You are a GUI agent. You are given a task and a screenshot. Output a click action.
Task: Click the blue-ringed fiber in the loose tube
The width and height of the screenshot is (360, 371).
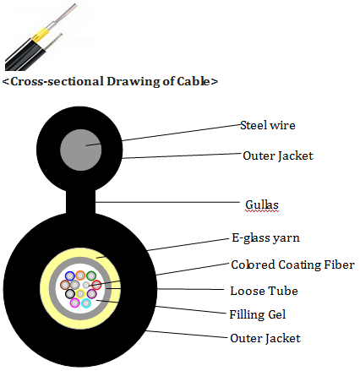click(70, 276)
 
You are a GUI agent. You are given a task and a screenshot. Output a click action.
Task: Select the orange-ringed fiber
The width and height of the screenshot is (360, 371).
click(80, 276)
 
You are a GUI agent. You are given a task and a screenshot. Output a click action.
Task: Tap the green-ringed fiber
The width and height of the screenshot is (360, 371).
click(91, 276)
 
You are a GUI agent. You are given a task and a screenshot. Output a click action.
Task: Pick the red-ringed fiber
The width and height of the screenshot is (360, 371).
click(96, 285)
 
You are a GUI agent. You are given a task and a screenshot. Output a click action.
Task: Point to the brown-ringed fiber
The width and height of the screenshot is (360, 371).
click(65, 285)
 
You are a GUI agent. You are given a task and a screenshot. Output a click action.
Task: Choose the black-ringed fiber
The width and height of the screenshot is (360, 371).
click(70, 294)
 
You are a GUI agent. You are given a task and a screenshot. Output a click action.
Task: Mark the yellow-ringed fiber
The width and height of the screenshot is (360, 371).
click(80, 294)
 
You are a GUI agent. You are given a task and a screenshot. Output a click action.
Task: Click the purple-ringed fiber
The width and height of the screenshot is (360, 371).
click(91, 294)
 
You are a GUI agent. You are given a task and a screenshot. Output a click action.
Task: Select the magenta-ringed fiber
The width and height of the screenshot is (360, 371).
click(74, 303)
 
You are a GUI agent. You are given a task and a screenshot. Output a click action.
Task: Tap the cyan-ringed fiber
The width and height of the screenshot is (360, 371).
click(86, 303)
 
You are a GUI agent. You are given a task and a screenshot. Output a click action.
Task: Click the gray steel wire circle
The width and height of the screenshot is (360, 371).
click(81, 150)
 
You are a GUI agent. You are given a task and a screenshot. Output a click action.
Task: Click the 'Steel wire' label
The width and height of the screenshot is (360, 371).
click(268, 125)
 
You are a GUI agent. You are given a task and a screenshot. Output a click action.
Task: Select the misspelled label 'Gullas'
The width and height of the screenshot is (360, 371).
click(262, 205)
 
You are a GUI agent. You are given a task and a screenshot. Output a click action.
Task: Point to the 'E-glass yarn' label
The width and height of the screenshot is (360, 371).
click(265, 238)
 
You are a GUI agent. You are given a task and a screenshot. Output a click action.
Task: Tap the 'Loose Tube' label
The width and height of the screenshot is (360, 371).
click(264, 291)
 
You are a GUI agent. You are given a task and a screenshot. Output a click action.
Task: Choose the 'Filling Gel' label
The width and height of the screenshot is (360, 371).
click(258, 314)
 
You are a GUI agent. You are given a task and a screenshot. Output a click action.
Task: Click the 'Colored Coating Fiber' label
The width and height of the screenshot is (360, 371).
click(292, 265)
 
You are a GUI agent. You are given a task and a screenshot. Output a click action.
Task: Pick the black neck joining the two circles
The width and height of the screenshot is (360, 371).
click(81, 201)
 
